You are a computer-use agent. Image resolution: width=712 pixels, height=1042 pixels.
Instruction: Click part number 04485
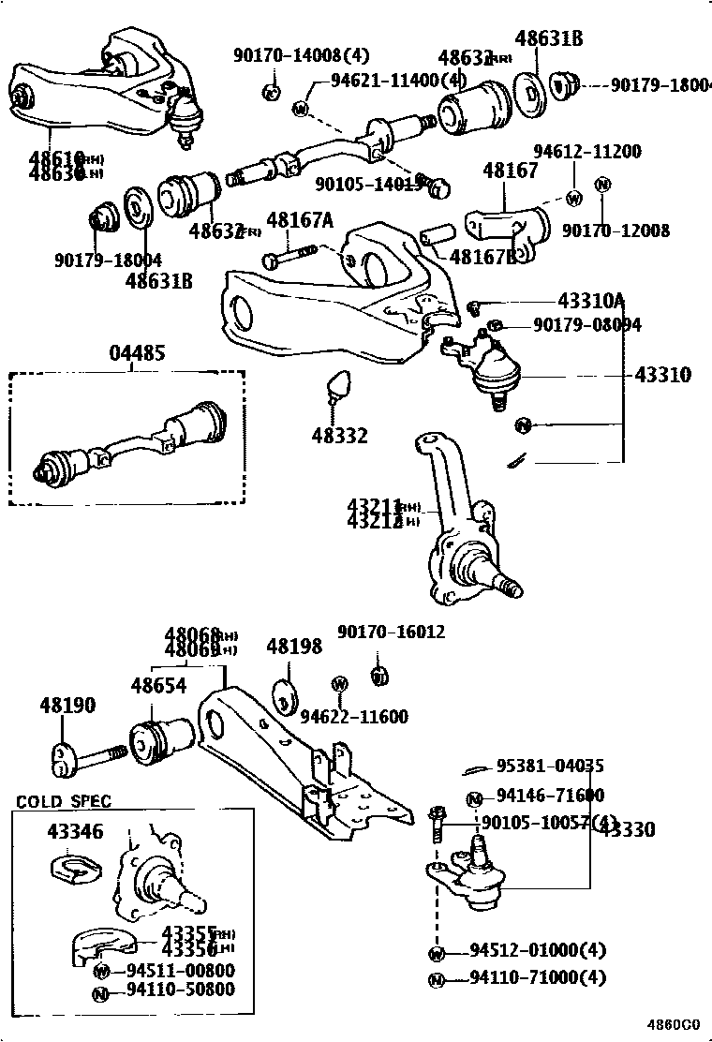tap(137, 353)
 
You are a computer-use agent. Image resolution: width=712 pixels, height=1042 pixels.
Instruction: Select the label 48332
tap(339, 436)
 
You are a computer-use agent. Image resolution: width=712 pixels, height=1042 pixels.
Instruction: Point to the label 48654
tap(158, 685)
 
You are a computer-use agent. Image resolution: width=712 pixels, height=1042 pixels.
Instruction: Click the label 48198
tap(293, 647)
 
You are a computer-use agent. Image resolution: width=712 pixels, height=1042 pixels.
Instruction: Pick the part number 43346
tap(75, 831)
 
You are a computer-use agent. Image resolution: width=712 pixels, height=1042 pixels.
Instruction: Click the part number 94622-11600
tap(354, 717)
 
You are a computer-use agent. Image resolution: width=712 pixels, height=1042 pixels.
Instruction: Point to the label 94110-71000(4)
tap(538, 978)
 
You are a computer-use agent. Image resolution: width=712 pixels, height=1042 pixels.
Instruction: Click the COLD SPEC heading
tap(63, 801)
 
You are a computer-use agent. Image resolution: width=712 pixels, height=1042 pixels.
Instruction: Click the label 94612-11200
tap(587, 152)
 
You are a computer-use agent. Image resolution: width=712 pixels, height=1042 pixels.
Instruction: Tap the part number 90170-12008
tap(616, 230)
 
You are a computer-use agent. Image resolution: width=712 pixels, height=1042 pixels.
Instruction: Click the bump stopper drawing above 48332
tap(337, 386)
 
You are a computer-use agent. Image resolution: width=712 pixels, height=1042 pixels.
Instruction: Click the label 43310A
tap(590, 301)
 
